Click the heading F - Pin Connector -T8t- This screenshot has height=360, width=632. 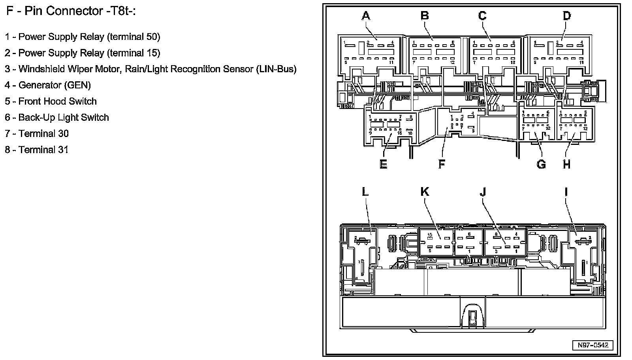click(x=71, y=11)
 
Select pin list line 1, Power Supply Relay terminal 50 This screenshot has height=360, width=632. click(x=83, y=37)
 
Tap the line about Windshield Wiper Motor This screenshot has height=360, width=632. click(x=150, y=69)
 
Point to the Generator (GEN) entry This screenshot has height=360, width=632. click(x=48, y=85)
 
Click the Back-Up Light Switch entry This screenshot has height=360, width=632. click(x=57, y=118)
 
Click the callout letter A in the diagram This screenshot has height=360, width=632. click(x=366, y=16)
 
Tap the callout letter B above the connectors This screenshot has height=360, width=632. click(x=425, y=16)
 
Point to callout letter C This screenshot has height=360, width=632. click(x=482, y=16)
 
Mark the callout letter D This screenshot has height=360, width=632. click(x=567, y=16)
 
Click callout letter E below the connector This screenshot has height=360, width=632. click(x=383, y=164)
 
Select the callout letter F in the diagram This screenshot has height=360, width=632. click(x=442, y=164)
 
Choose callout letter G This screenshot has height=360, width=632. click(x=541, y=164)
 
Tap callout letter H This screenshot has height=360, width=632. click(x=567, y=164)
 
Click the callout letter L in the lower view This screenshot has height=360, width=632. click(x=365, y=192)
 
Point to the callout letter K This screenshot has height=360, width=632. click(x=425, y=192)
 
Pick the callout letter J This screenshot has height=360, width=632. click(x=483, y=192)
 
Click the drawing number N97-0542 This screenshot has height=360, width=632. click(x=593, y=345)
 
